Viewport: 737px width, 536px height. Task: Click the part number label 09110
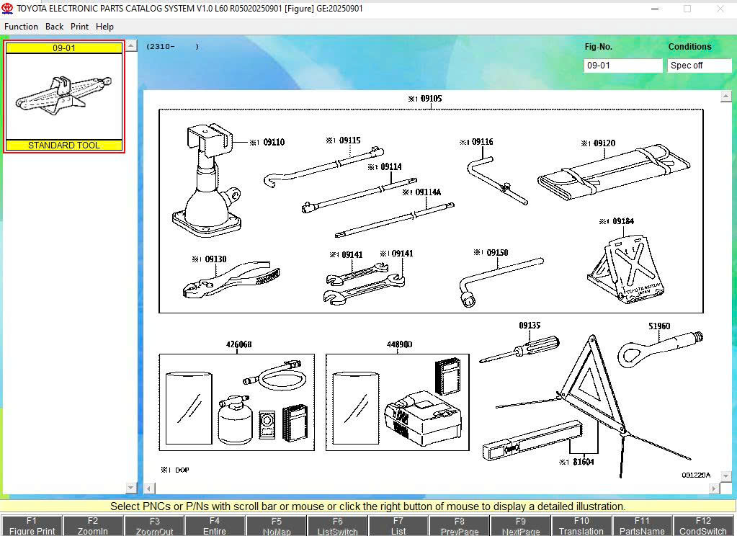tap(273, 143)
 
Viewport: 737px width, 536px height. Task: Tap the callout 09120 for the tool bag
tap(604, 144)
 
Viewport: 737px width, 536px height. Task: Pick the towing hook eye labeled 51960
tap(652, 349)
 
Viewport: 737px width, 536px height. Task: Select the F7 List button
tap(398, 525)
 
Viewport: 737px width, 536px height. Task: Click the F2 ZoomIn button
tap(92, 525)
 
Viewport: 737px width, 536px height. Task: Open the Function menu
tap(21, 27)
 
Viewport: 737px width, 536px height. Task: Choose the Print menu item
tap(79, 27)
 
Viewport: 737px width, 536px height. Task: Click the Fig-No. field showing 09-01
tap(622, 66)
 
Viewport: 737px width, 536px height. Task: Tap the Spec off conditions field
tap(699, 66)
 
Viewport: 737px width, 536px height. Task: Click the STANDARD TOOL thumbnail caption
tap(64, 145)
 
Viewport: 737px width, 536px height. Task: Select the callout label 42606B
tap(238, 345)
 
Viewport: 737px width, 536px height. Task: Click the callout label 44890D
tap(399, 345)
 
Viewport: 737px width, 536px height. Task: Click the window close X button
tap(720, 9)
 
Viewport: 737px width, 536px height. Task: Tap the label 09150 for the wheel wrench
tap(497, 253)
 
